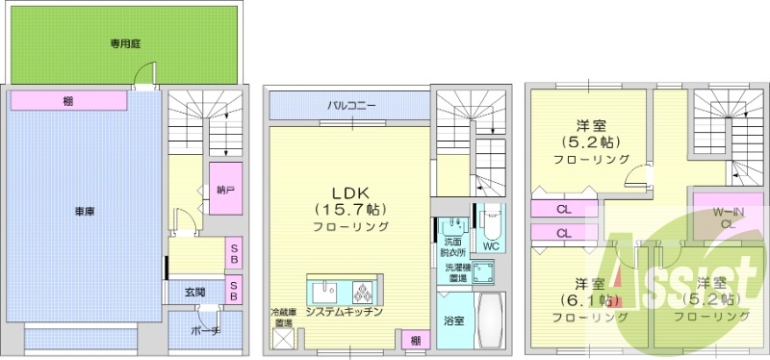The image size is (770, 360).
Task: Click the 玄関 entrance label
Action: tap(195, 291)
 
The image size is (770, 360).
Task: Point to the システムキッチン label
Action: tap(344, 312)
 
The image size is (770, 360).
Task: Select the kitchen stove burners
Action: tap(366, 290)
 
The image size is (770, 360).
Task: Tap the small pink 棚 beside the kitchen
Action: tap(415, 340)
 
